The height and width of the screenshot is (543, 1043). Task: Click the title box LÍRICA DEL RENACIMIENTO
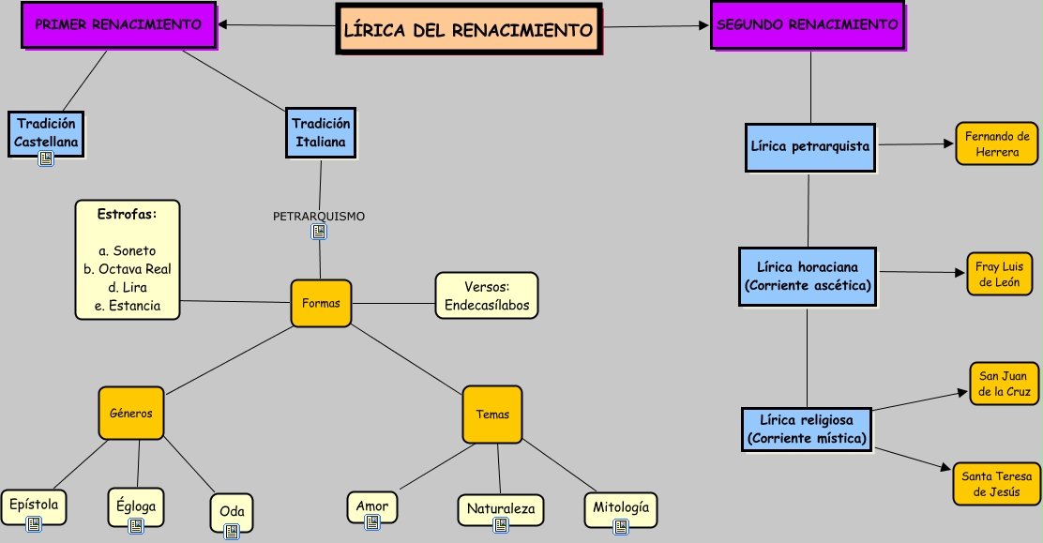(468, 29)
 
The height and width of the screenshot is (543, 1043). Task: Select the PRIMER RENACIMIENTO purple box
(118, 24)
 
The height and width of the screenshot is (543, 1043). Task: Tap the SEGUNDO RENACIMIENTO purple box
(807, 24)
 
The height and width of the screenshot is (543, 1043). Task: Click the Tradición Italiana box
(321, 132)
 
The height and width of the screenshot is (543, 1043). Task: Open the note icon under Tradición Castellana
(46, 158)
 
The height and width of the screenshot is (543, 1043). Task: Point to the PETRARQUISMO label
(319, 216)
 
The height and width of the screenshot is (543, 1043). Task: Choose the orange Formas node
(321, 303)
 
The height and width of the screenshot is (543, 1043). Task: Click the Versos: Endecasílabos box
(487, 295)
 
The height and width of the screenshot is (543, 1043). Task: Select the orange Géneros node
(131, 413)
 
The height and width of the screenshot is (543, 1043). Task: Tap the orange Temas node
(492, 414)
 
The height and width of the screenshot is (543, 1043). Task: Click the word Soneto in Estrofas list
(134, 250)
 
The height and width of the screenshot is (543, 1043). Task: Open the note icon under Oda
(232, 531)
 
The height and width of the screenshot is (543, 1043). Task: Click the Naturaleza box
(501, 508)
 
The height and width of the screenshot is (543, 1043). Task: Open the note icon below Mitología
(620, 527)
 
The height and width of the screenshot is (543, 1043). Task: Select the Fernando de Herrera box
(997, 143)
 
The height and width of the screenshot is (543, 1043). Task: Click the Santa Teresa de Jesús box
(996, 484)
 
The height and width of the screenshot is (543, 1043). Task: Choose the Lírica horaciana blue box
(808, 276)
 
